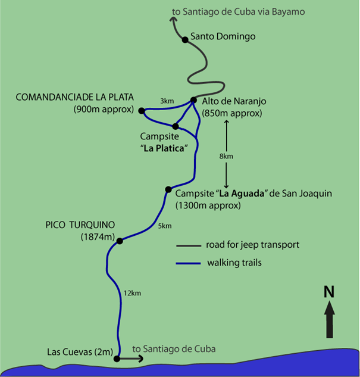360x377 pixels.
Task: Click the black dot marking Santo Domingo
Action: tap(185, 39)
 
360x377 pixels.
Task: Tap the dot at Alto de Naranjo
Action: tap(193, 100)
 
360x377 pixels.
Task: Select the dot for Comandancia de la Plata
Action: tap(142, 110)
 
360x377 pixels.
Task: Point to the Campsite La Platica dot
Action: tap(175, 126)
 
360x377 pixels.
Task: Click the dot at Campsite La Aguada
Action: tap(168, 190)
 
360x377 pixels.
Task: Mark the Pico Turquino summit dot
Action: tap(120, 241)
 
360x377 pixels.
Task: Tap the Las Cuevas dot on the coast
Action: tap(117, 359)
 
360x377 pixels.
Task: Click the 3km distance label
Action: tap(167, 101)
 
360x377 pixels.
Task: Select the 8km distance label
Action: tap(226, 155)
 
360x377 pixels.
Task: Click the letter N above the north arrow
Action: tap(329, 292)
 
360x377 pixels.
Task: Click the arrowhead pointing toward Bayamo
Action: tap(174, 20)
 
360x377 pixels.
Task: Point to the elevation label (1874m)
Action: tap(97, 236)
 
